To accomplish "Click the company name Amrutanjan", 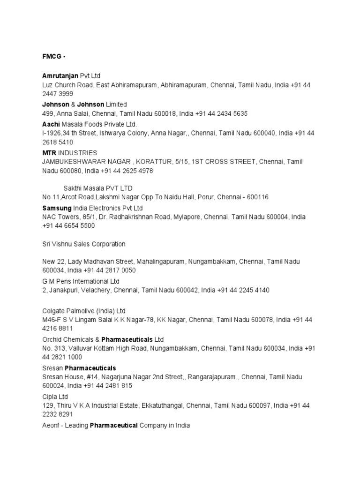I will [x=60, y=76].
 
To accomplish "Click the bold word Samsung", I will [x=57, y=208].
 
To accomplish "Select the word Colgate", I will [x=54, y=311].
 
